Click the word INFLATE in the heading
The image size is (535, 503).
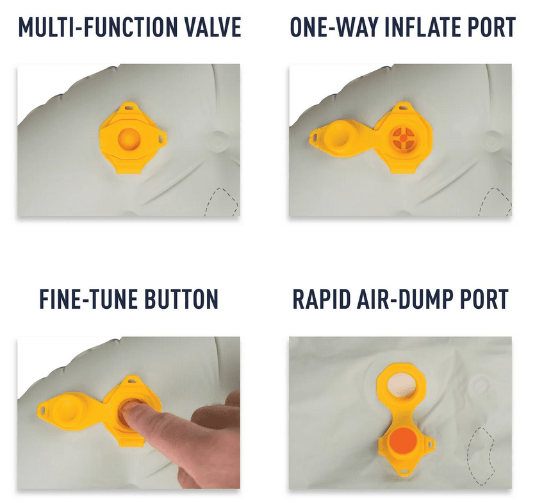pos(423,27)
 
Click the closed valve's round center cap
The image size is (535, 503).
pos(129,139)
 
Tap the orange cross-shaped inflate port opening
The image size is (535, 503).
pos(403,138)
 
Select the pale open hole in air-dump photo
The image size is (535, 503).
pos(402,386)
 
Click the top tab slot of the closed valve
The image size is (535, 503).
pos(129,108)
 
